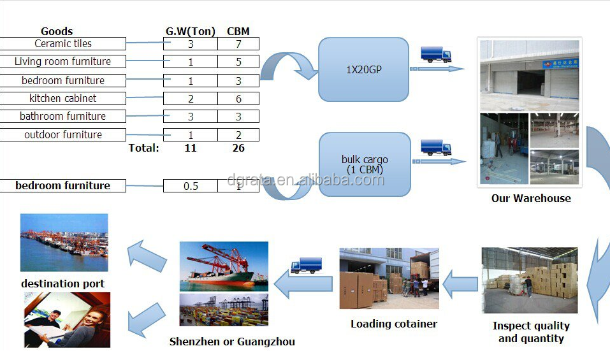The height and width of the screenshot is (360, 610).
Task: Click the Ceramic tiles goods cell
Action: [x=63, y=44]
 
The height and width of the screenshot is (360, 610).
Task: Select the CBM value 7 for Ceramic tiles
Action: [x=238, y=44]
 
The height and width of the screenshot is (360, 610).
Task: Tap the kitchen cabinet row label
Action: [x=63, y=99]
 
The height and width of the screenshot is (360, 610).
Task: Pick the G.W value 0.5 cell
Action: [x=190, y=186]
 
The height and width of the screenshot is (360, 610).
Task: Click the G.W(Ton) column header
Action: [x=190, y=31]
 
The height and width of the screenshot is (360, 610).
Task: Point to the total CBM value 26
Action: [x=238, y=148]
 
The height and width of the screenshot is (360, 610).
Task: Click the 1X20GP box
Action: [x=363, y=69]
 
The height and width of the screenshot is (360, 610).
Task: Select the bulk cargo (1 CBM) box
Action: [x=364, y=164]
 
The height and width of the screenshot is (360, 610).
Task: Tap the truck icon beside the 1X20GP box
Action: [x=435, y=54]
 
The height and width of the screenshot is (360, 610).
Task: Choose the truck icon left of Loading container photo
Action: [x=306, y=266]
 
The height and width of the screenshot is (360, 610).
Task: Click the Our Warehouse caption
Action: [x=531, y=198]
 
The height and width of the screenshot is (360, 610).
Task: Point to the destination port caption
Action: [x=62, y=284]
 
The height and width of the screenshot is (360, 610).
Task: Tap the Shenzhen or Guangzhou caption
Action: [x=232, y=342]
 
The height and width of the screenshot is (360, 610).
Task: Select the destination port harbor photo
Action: [x=64, y=243]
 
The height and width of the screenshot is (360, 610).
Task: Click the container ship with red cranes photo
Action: [x=224, y=266]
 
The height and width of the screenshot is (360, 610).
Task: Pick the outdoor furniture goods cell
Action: [x=63, y=135]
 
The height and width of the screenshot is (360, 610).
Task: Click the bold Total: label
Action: [x=143, y=148]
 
